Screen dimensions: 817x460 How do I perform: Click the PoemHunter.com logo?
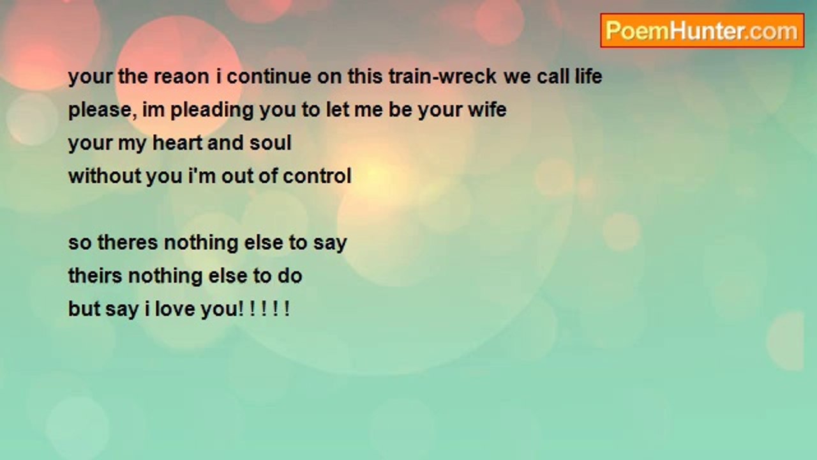702,31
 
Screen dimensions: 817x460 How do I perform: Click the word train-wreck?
442,77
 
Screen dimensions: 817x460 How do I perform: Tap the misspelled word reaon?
181,77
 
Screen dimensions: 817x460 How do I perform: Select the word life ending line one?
588,77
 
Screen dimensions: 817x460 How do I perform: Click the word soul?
270,142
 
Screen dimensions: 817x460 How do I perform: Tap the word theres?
128,243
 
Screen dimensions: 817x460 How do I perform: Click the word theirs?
95,275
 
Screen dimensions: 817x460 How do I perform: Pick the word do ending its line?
290,275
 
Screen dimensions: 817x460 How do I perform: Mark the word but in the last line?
84,309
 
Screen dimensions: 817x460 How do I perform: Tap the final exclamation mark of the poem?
287,309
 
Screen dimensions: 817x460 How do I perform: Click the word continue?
269,77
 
